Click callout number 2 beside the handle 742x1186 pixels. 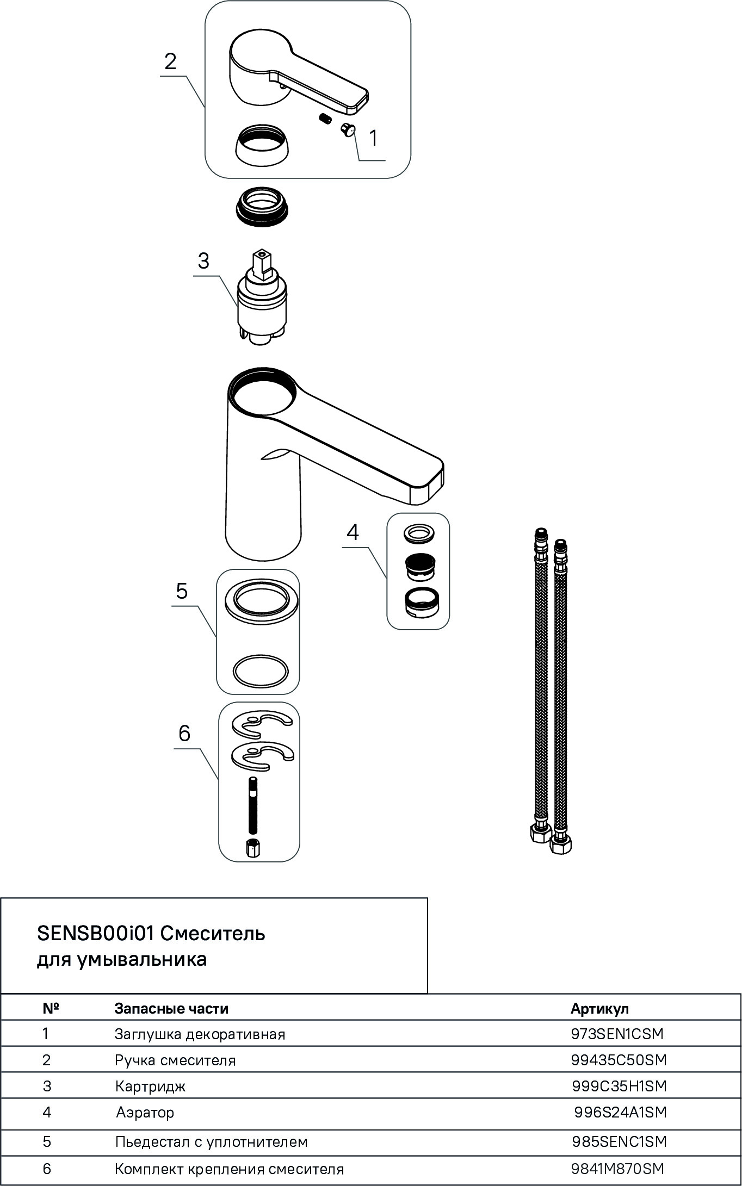[x=170, y=61]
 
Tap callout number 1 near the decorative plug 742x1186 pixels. [x=373, y=138]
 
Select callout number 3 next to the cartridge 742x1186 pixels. [x=203, y=261]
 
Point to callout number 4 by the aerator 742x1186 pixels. [x=353, y=532]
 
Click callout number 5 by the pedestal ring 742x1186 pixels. [x=182, y=591]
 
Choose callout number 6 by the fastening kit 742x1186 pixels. [x=184, y=734]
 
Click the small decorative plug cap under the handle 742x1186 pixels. [x=347, y=129]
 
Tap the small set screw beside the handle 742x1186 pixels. [x=325, y=119]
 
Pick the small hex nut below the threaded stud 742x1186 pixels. [x=252, y=848]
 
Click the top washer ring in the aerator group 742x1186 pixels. [x=418, y=533]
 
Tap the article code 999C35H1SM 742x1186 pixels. [x=619, y=1086]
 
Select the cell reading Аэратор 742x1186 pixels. [x=145, y=1113]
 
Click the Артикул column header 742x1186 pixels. [x=599, y=1009]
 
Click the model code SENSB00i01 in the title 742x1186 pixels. [x=96, y=934]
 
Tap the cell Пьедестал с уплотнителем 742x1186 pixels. [x=212, y=1141]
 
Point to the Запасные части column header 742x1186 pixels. [x=171, y=1009]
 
